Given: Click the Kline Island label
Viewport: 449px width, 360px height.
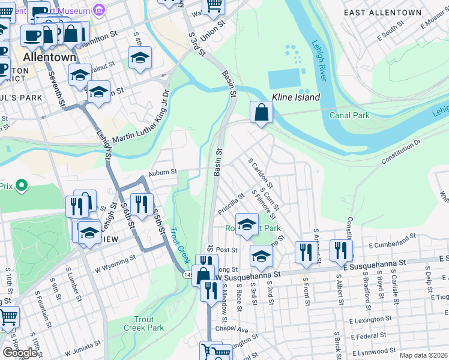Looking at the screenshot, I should point(296,97).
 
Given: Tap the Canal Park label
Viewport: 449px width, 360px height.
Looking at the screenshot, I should point(349,115).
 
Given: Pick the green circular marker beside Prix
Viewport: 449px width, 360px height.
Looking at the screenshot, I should point(22,185).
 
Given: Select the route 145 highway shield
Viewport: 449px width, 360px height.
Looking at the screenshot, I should point(187,274).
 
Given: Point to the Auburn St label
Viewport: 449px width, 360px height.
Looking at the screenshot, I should point(163,172).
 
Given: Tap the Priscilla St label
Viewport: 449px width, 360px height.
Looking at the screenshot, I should point(232,204).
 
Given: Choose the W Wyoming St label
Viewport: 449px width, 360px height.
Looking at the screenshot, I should point(115,262).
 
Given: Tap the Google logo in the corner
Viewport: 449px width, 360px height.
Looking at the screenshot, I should point(20,353).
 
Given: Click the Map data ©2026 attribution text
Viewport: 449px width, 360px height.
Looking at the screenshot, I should point(423,355).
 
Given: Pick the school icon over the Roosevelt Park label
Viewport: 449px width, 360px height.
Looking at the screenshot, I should point(246,223).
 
